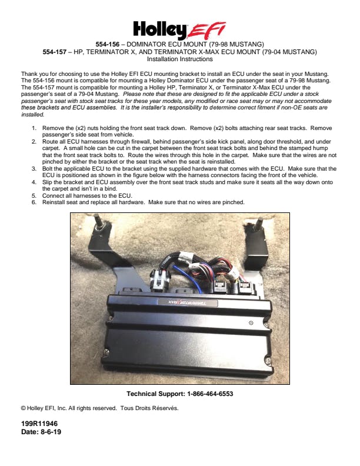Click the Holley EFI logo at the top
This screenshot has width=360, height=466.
[x=179, y=28]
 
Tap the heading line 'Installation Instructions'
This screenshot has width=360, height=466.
[x=179, y=59]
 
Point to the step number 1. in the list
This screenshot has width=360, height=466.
[x=35, y=128]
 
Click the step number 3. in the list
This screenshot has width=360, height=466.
[x=35, y=168]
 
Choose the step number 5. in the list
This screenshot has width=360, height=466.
[x=35, y=195]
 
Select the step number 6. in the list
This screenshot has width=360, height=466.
[x=35, y=202]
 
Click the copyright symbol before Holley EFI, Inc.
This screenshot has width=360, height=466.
[x=23, y=408]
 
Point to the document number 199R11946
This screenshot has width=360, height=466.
[x=39, y=424]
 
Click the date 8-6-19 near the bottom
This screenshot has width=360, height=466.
[x=51, y=432]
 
